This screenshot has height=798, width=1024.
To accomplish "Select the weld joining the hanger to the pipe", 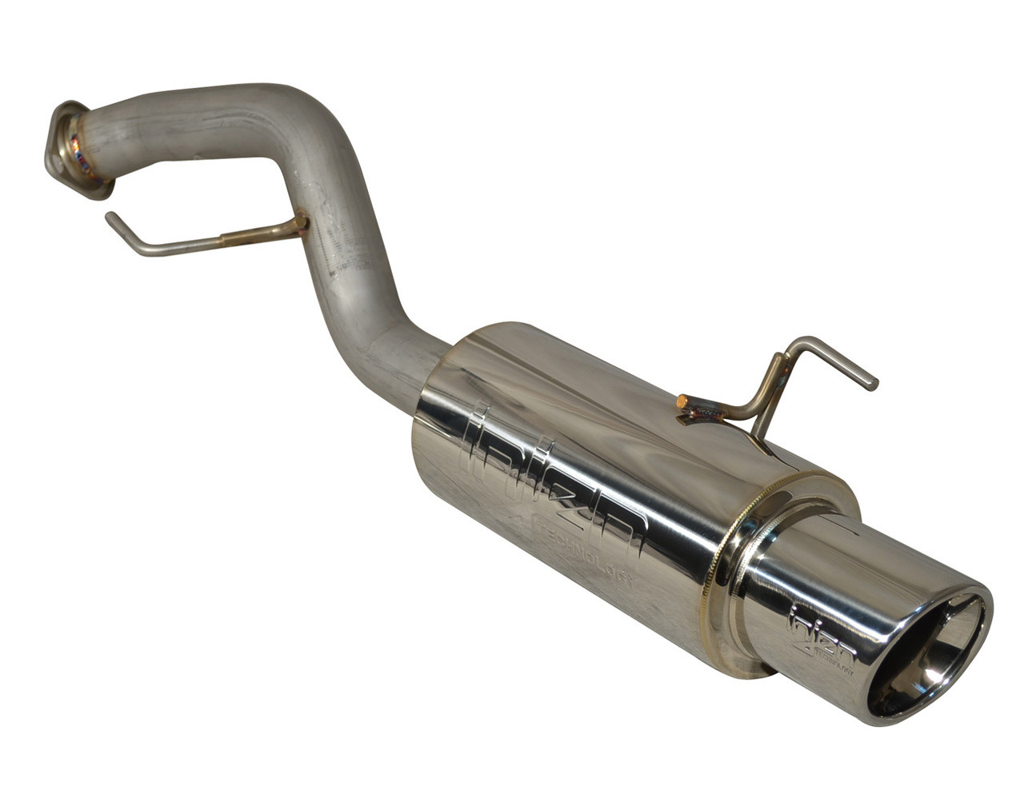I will pos(299,223).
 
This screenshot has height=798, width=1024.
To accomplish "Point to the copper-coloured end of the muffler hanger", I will pos(682,401).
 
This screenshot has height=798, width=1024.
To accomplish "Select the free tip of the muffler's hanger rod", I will pos(874,385).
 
